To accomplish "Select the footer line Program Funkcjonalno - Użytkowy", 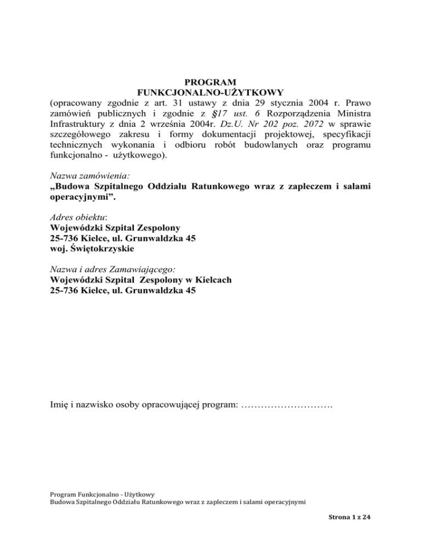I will click(x=102, y=493).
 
